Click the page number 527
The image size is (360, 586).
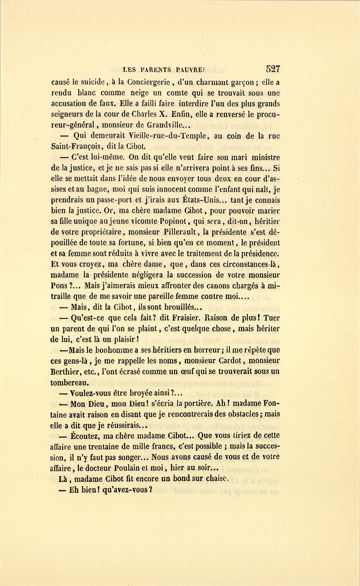point(272,68)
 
